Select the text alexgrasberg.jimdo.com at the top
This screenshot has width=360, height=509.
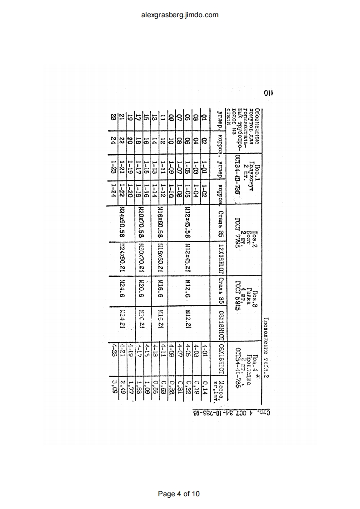click(180, 15)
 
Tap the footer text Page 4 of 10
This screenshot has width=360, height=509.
click(180, 494)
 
